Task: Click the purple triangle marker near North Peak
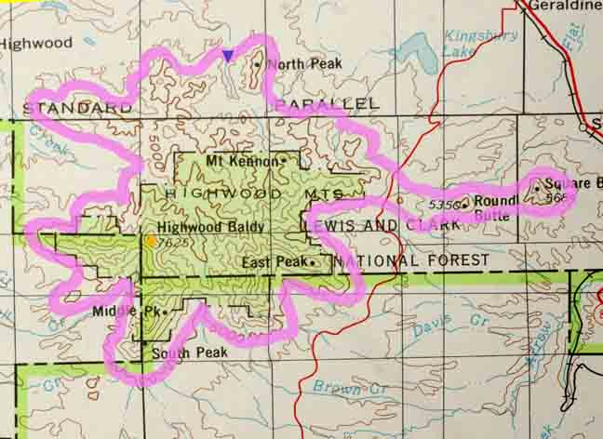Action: coord(228,56)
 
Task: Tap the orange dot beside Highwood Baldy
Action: coord(152,241)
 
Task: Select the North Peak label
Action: coord(304,64)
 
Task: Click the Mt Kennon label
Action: coord(241,161)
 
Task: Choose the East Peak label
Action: coord(274,263)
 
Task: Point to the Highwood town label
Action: coord(35,43)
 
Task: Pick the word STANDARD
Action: coord(78,108)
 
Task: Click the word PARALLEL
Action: coord(328,102)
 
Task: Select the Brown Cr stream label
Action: coord(337,386)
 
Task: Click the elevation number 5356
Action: coord(445,204)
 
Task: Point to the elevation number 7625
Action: coord(174,242)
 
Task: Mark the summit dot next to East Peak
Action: coord(314,263)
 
